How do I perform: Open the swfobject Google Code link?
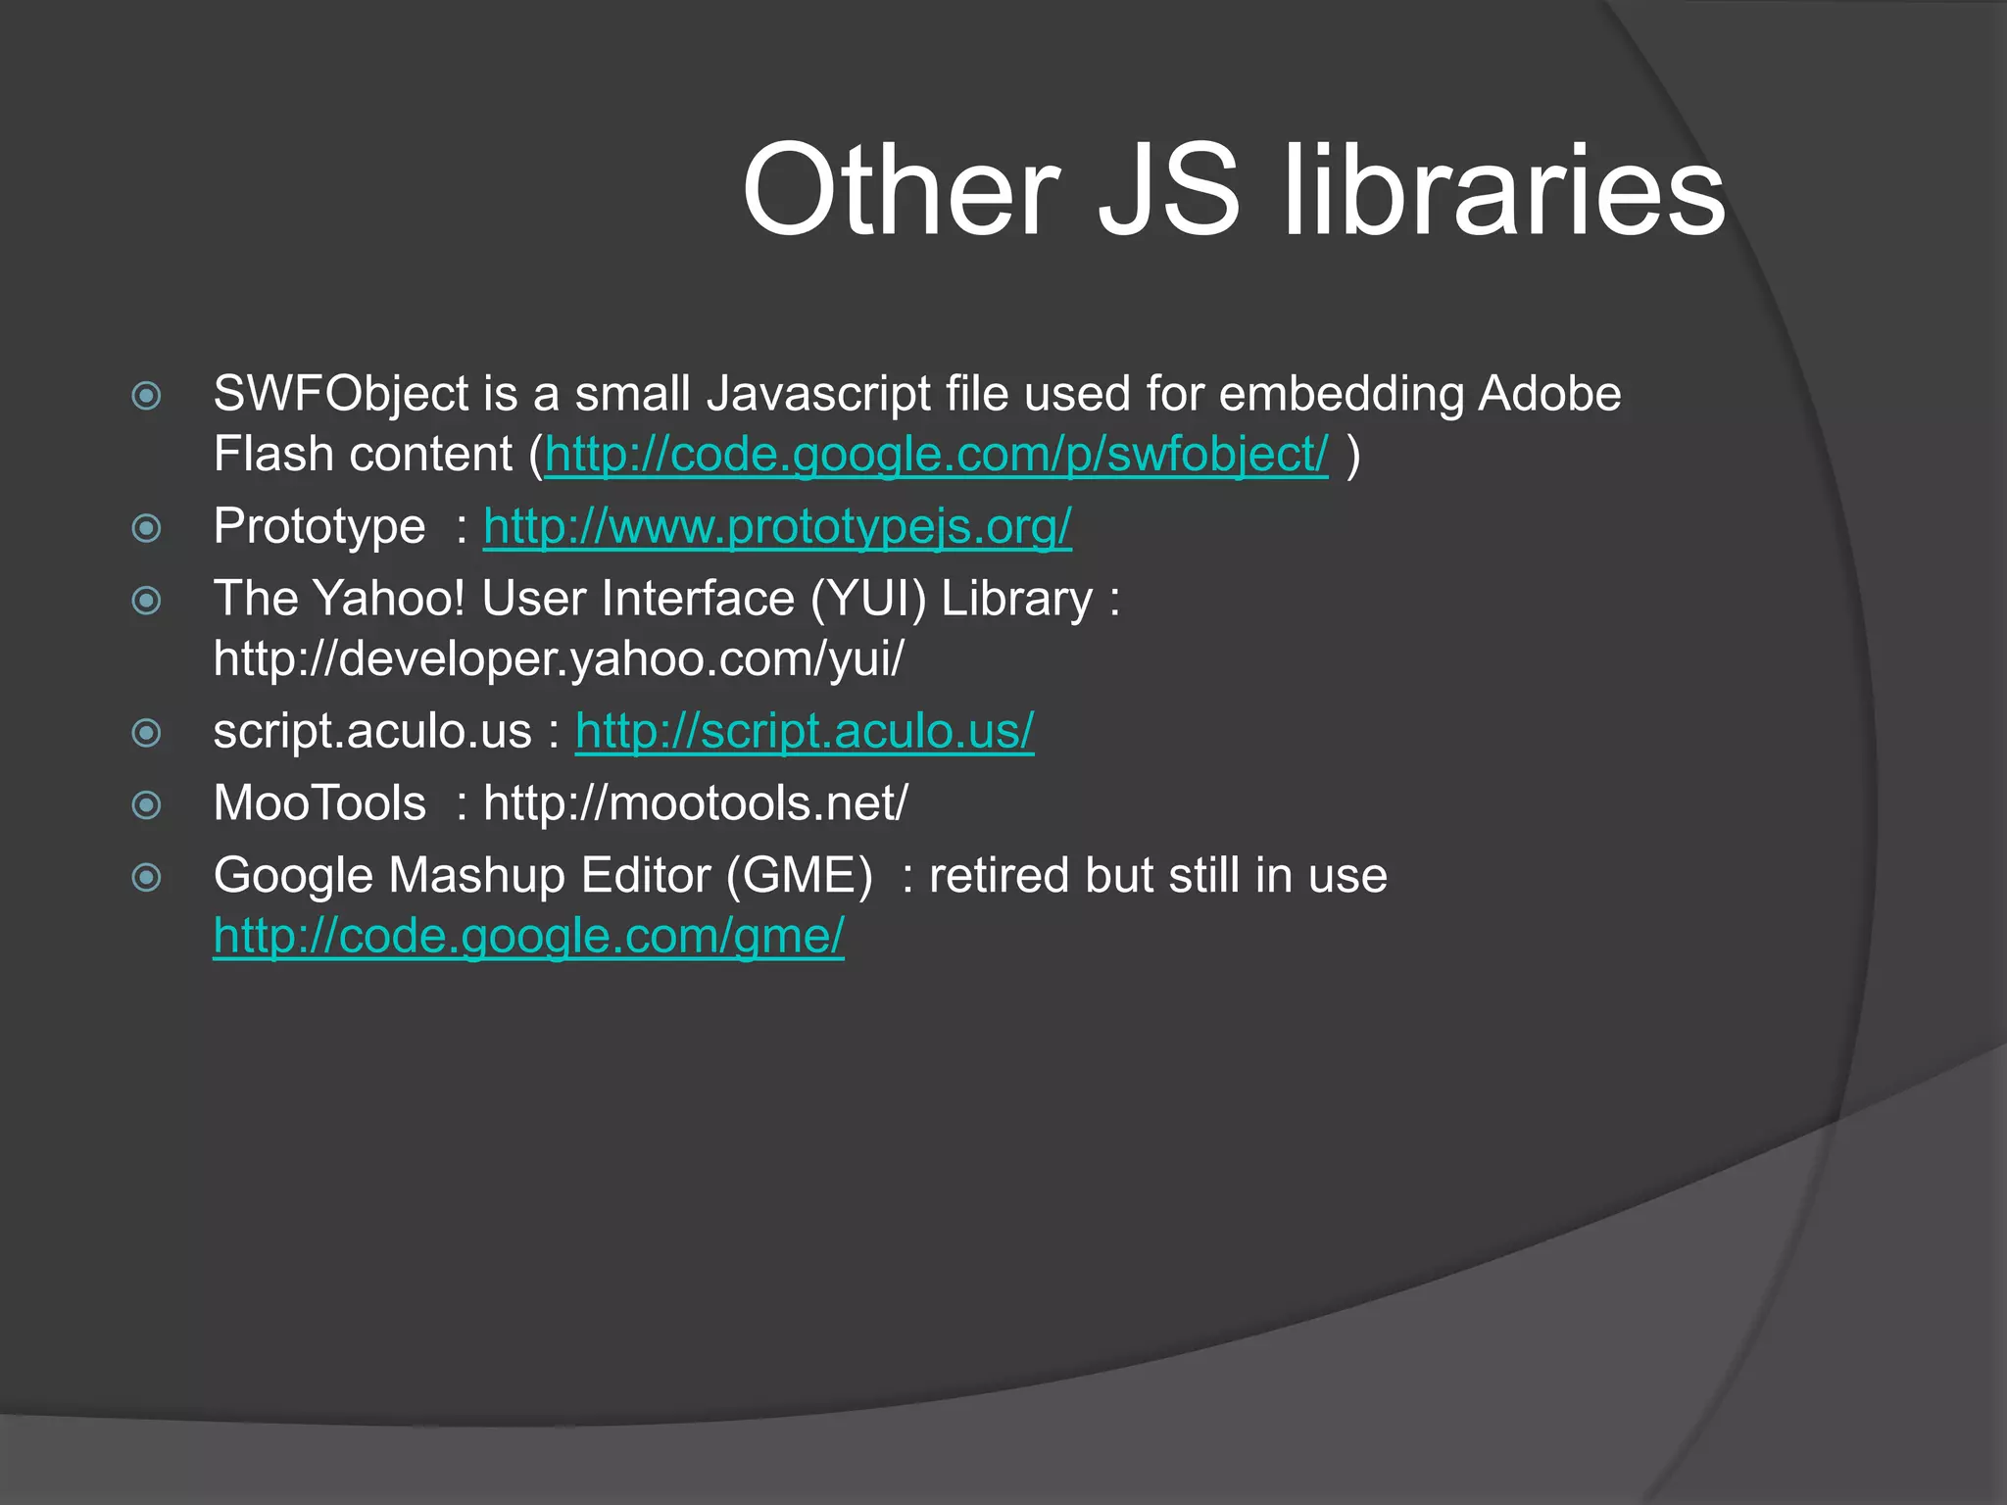point(936,455)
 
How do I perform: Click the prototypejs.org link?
point(777,527)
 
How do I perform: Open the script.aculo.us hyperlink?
point(805,732)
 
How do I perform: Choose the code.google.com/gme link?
point(528,936)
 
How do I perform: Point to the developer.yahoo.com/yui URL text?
point(559,658)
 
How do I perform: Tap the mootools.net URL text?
point(696,803)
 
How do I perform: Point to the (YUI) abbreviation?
point(868,599)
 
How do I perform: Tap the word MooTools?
point(319,803)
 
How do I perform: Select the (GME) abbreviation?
point(799,875)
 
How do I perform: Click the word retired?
point(999,875)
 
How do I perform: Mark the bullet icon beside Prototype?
point(146,528)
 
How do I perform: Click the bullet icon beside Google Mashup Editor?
point(146,877)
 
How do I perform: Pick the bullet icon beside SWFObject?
point(146,396)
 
